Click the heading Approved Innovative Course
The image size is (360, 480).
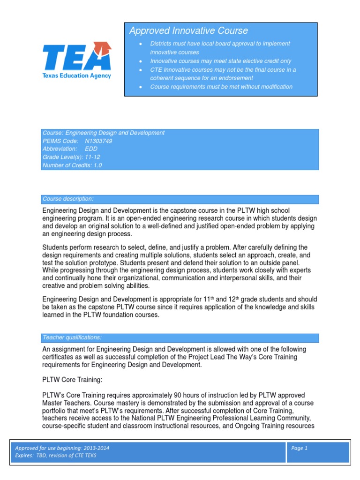[188, 31]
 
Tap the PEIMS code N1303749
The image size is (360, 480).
[98, 141]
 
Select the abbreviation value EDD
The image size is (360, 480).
[91, 149]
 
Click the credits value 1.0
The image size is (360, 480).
[97, 165]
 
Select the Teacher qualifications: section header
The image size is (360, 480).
[72, 337]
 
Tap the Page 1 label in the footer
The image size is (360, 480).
[299, 448]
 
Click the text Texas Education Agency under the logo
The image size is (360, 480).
[77, 75]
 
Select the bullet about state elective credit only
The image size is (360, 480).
[220, 61]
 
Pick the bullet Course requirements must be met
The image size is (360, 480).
[221, 87]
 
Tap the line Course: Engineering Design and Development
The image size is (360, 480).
[103, 133]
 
